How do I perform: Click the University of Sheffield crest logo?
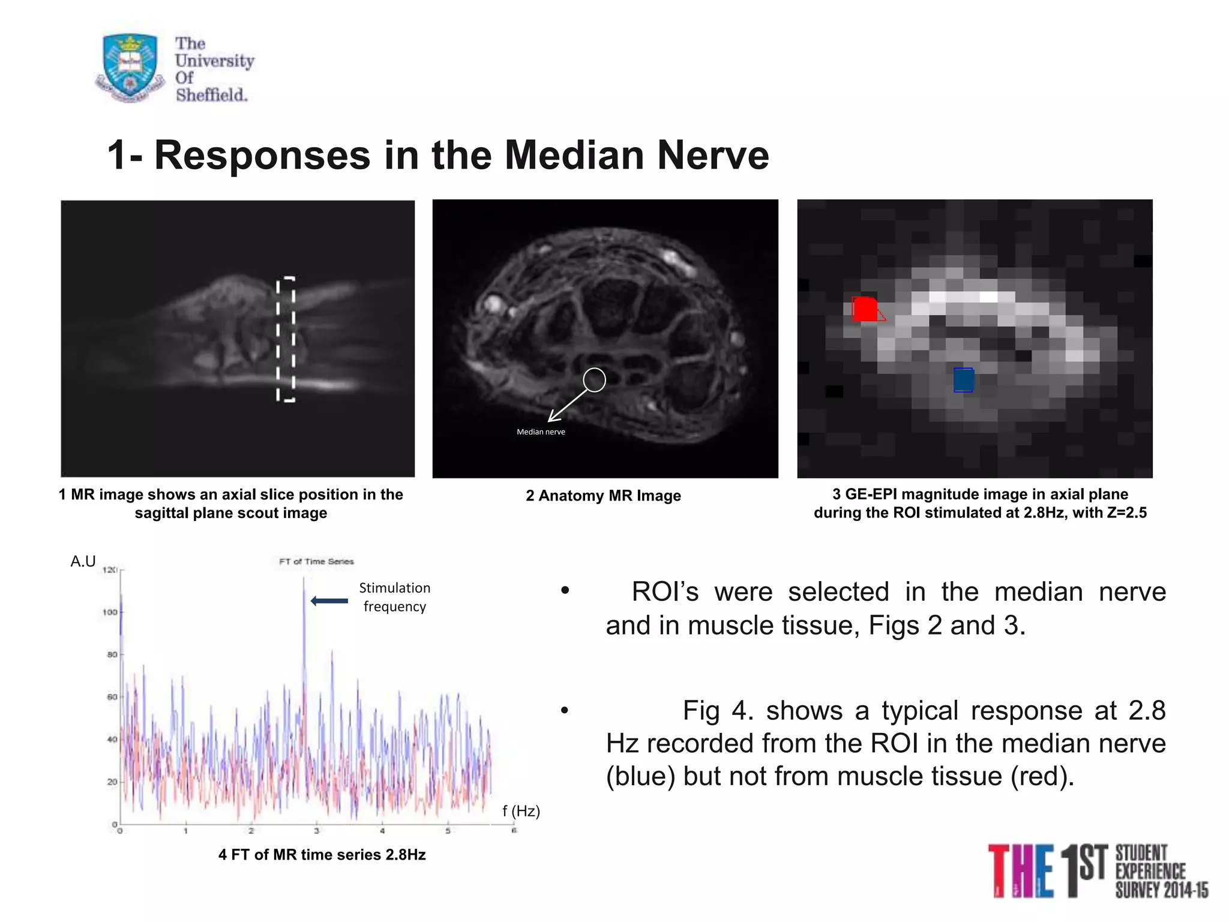point(130,67)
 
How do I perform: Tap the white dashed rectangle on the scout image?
point(286,340)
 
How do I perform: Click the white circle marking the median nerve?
point(594,379)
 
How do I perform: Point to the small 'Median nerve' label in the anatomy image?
point(541,432)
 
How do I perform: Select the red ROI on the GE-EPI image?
point(865,309)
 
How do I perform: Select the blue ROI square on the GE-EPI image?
point(963,380)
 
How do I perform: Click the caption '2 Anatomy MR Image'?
point(603,496)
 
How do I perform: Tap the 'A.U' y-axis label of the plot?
point(83,561)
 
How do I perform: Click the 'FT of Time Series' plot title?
point(316,561)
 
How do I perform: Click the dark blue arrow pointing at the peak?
point(329,601)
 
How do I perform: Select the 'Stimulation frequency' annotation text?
point(394,597)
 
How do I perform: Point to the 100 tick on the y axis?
point(110,612)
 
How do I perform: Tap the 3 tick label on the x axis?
point(316,831)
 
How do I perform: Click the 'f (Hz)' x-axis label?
point(521,811)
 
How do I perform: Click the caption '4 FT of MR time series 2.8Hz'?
point(322,855)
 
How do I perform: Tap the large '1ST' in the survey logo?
point(1083,870)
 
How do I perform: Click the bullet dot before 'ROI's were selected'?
point(564,591)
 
